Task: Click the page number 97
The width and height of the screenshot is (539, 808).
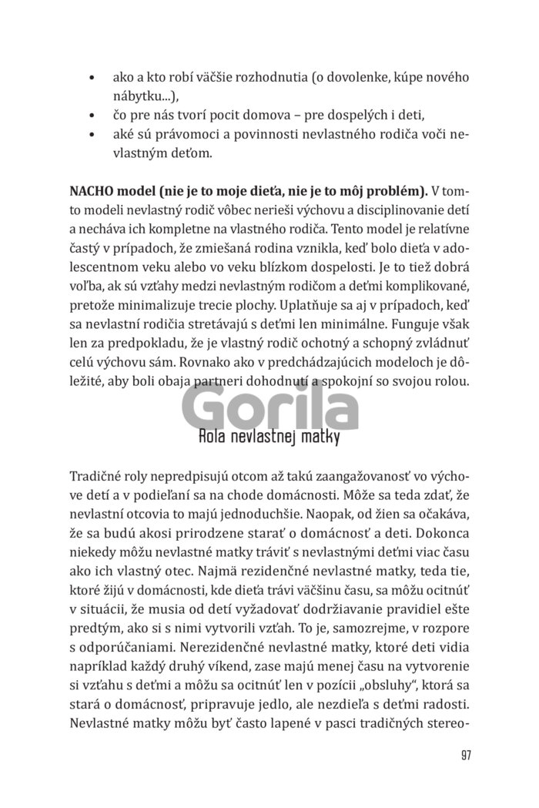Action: pyautogui.click(x=465, y=754)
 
